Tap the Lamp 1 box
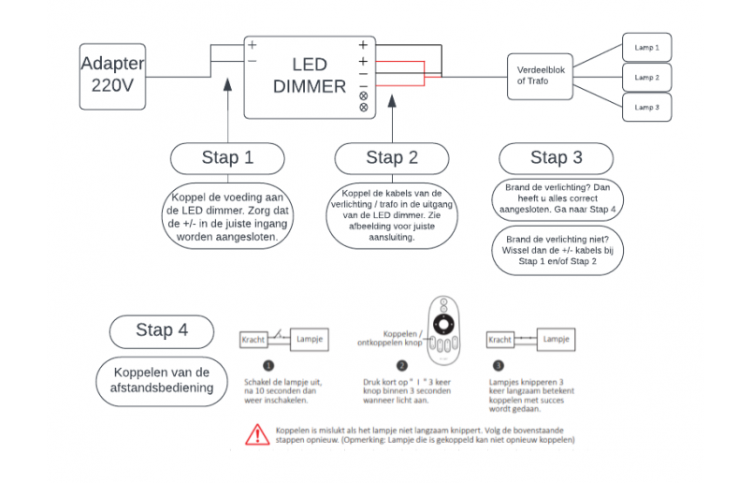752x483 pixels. (x=646, y=47)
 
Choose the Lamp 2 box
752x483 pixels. (x=646, y=77)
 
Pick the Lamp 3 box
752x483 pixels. (x=646, y=107)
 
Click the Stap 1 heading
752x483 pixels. (x=227, y=157)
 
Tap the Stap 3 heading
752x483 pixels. (x=556, y=157)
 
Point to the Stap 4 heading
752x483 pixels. (x=161, y=329)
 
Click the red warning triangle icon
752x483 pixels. (x=255, y=433)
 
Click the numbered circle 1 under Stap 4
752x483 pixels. (x=268, y=366)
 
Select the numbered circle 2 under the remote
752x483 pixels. (x=402, y=366)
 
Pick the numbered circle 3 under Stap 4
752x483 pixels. (x=499, y=366)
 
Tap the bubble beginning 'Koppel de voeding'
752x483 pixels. (x=227, y=216)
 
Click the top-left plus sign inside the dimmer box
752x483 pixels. (x=253, y=45)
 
